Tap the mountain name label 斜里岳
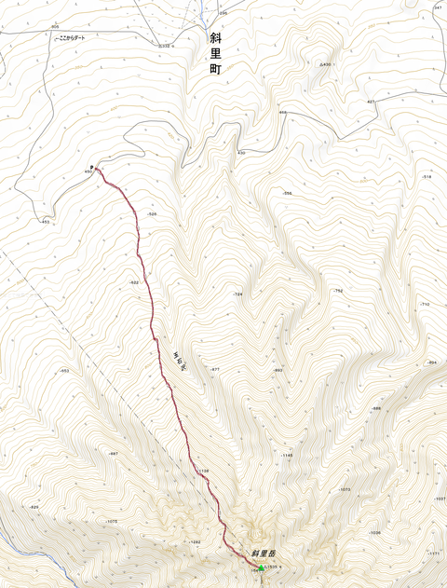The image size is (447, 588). [x=264, y=554]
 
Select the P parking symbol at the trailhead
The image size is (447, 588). [x=91, y=167]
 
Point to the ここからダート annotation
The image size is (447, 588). [x=75, y=39]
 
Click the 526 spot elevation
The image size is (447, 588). [x=152, y=214]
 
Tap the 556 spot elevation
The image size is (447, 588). [x=288, y=193]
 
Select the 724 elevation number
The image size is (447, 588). [x=237, y=294]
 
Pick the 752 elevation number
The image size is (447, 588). [x=338, y=291]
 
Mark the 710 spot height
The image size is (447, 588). [x=425, y=305]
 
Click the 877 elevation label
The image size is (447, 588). [x=214, y=370]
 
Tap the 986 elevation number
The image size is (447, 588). [x=377, y=408]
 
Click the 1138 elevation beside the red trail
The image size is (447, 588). [x=204, y=472]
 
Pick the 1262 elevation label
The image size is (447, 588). [x=195, y=541]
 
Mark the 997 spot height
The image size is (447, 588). [x=114, y=453]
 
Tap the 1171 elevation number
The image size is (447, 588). [x=433, y=554]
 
